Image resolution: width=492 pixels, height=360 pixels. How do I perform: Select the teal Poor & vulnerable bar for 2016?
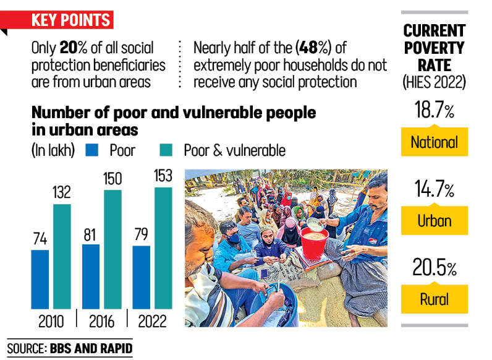pos(112,249)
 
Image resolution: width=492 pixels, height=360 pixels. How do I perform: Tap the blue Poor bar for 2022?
pos(141,276)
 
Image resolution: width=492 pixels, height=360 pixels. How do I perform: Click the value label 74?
pos(40,239)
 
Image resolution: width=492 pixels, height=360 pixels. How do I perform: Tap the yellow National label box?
pos(434,142)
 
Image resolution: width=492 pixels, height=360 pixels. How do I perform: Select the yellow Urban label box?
pos(434,221)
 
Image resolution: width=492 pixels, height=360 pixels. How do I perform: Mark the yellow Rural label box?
pos(434,300)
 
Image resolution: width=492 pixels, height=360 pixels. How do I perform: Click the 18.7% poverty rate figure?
pos(433,111)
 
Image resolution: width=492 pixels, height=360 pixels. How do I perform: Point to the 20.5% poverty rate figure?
pos(433,269)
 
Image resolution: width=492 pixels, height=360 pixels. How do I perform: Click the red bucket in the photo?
pos(313,243)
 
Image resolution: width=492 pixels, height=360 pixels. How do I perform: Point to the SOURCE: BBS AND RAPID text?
pos(70,349)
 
